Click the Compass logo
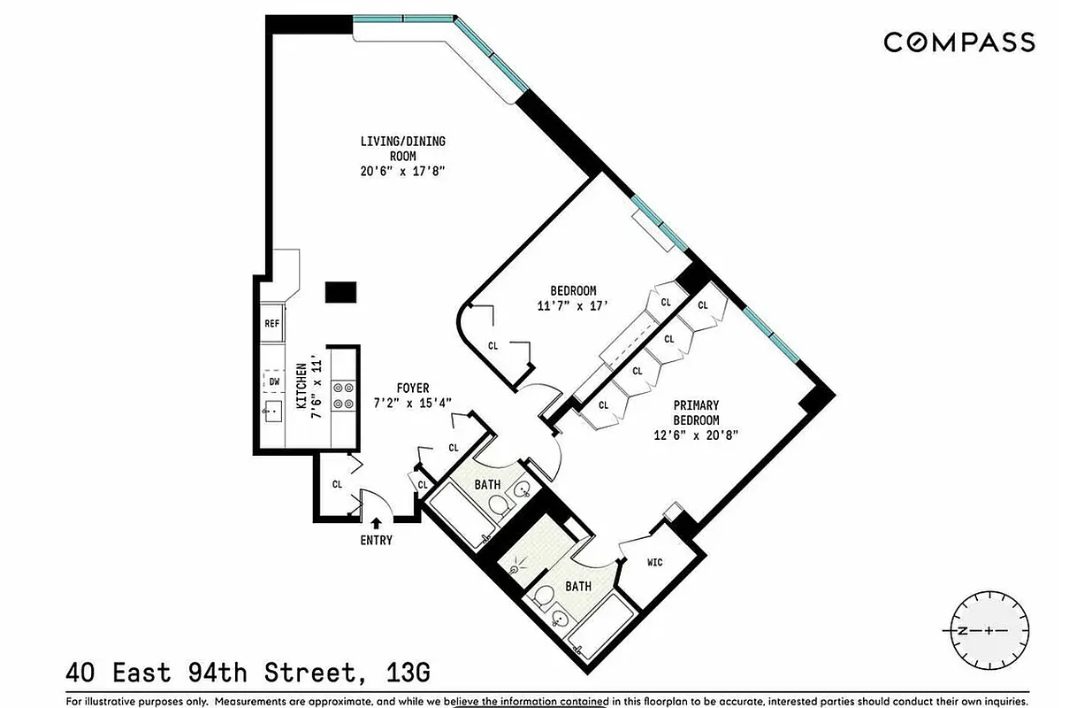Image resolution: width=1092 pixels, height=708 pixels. (959, 42)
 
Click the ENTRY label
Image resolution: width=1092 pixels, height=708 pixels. (376, 540)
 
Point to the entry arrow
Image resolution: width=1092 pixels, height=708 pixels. (377, 524)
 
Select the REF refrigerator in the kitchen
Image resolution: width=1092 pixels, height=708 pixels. (272, 324)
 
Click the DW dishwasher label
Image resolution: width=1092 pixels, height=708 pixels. (273, 381)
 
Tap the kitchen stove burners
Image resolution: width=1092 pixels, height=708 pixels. (342, 395)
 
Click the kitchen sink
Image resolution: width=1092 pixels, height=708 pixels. (272, 411)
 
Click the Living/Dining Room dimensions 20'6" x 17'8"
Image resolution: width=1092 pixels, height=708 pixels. (402, 172)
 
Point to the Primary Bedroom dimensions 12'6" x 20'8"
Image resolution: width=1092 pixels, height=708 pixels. (694, 435)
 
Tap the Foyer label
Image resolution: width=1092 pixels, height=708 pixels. (412, 389)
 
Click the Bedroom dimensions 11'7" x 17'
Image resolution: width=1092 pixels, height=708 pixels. (573, 306)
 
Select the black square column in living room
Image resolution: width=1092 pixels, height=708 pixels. (340, 292)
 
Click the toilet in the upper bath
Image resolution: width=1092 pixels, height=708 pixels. (500, 505)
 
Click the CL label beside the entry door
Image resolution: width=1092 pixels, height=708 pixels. (337, 484)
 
